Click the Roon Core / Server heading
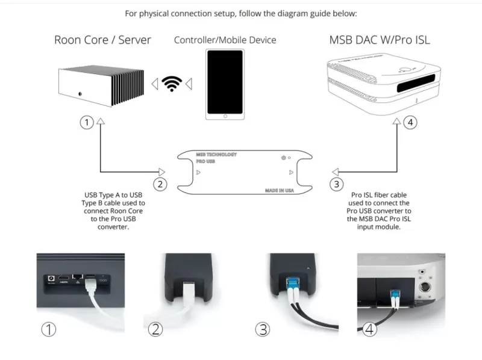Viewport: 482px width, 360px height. pos(102,40)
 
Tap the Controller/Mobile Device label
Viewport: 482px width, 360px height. pos(225,40)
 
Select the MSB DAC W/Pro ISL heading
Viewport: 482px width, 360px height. pos(380,40)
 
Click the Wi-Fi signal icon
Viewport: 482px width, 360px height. pos(174,83)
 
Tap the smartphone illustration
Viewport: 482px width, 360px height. pos(225,84)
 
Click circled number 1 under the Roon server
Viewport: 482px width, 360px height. pos(86,123)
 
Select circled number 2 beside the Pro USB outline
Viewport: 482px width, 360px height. pos(160,184)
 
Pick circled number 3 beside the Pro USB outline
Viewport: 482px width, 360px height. pos(337,184)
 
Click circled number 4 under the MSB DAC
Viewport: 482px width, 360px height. pos(410,123)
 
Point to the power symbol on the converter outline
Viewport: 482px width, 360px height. pos(283,158)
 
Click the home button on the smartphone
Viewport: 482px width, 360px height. pos(225,114)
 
